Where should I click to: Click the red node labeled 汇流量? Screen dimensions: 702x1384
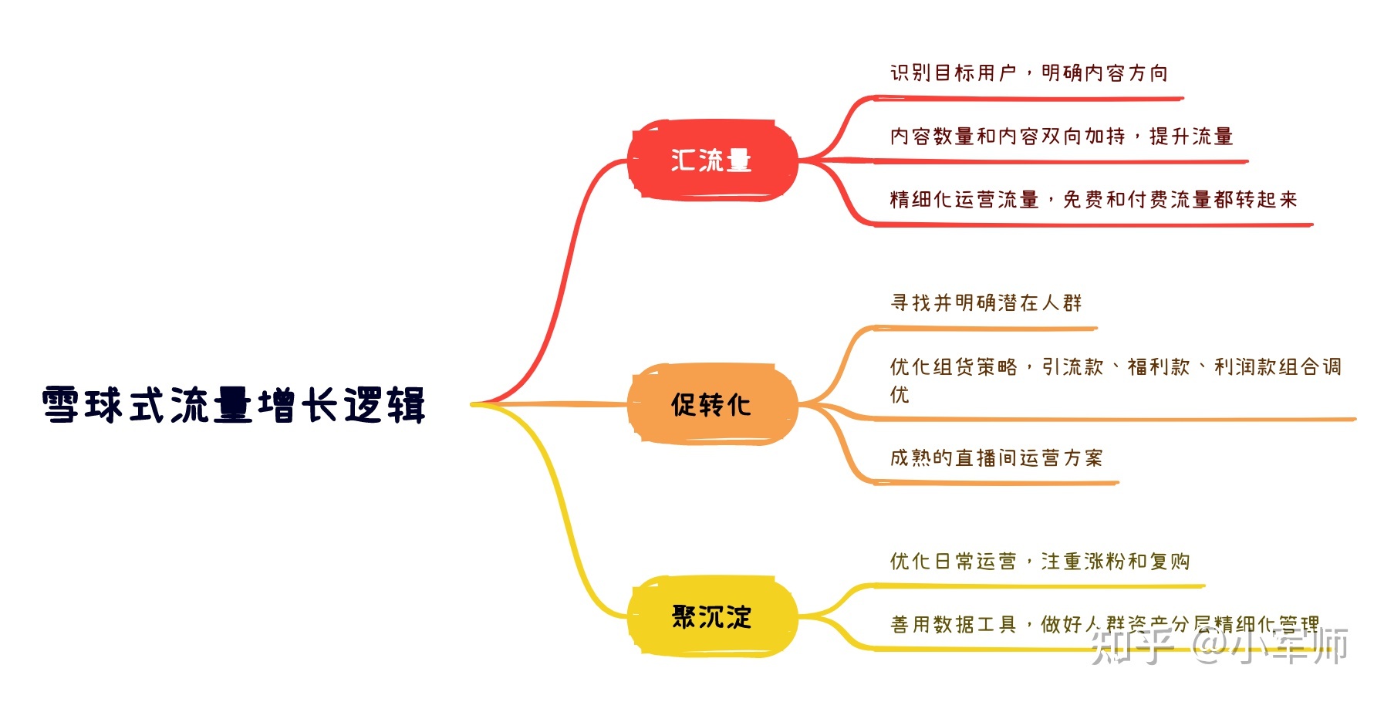(x=711, y=160)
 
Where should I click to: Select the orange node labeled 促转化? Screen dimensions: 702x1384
(x=711, y=404)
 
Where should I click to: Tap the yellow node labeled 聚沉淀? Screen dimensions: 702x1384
(x=711, y=616)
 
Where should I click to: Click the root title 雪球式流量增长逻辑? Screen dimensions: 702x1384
(x=234, y=405)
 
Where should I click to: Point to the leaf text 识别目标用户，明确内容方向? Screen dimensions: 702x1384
(x=1028, y=73)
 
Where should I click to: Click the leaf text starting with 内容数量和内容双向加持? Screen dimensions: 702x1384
(x=1061, y=137)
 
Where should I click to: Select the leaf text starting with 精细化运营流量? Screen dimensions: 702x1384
(x=1093, y=200)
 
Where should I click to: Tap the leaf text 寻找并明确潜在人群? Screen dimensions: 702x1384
(x=986, y=303)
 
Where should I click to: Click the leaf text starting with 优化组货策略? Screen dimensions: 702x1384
(x=1115, y=367)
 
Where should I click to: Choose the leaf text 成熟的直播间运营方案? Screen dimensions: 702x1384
(x=996, y=458)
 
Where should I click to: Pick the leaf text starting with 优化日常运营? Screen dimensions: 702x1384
(x=1039, y=562)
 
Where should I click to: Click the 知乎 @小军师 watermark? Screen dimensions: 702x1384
(x=1219, y=646)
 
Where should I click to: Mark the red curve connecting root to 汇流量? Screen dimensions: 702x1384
(x=572, y=255)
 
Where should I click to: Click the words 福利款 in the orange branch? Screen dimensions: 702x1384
(x=1158, y=367)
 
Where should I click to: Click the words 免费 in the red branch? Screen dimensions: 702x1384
(x=1083, y=200)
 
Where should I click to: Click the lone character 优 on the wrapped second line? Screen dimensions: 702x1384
(x=900, y=395)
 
